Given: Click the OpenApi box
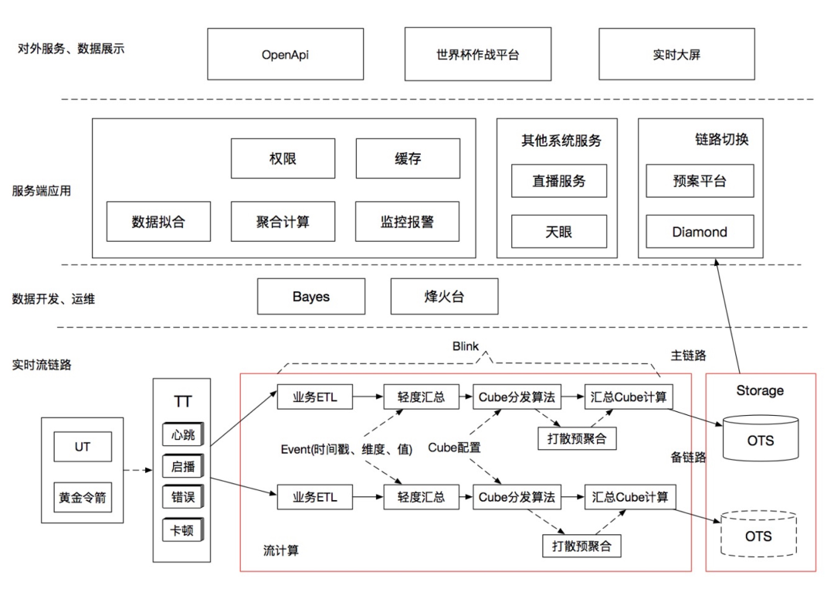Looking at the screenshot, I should (285, 54).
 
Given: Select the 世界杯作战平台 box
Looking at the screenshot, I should (478, 54).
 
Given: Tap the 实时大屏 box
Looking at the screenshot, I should (676, 54).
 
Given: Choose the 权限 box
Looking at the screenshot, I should (283, 158).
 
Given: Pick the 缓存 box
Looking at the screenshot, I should (408, 158).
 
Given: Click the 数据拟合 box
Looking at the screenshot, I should (158, 222).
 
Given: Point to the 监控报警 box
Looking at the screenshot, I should (408, 222).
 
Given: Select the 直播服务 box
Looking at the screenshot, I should (559, 181).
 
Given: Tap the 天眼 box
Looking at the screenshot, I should (559, 231).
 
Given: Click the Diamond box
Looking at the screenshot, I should (700, 231).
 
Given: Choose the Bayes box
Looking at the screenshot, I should (310, 297).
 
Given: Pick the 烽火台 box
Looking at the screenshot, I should (444, 297).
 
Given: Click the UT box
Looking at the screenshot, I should (82, 447).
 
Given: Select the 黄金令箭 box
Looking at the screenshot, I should (82, 498).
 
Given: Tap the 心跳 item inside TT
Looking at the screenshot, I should (183, 434).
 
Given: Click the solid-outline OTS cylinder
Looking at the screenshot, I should (759, 440).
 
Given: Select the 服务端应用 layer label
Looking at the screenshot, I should (42, 190).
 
